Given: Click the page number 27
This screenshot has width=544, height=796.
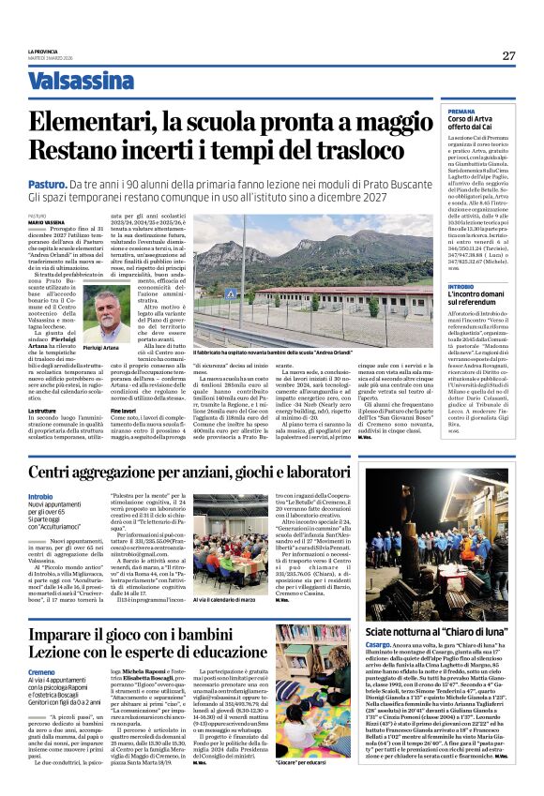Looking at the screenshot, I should tap(508, 56).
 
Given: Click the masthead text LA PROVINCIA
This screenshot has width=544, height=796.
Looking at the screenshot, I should tap(42, 52).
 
